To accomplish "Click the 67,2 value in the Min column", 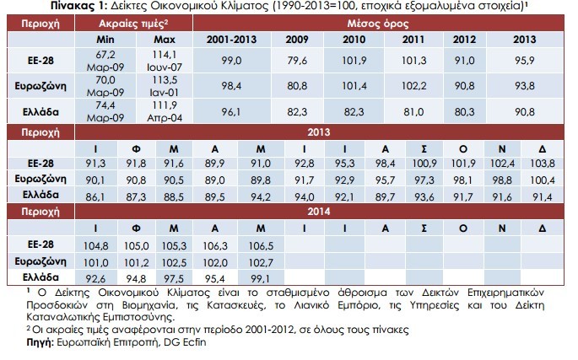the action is [105, 55].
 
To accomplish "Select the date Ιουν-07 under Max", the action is [164, 67].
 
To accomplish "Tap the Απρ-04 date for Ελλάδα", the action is [165, 118].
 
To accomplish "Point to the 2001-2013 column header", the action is [231, 40].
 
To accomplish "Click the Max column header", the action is [165, 40].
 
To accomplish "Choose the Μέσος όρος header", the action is [378, 24].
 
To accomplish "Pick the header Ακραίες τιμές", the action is [133, 24].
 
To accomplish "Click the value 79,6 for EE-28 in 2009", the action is [297, 61].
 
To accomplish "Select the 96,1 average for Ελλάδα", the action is [231, 111].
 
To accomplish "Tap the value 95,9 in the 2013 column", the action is [525, 61].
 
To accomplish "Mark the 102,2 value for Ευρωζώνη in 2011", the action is [413, 86].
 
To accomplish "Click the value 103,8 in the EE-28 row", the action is [543, 164].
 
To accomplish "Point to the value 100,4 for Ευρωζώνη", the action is [543, 180].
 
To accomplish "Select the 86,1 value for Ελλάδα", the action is [95, 196].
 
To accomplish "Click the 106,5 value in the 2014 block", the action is [261, 246].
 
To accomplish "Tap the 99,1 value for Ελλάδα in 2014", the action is [260, 279].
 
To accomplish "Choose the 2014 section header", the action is [319, 212].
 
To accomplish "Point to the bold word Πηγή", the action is [40, 342].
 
